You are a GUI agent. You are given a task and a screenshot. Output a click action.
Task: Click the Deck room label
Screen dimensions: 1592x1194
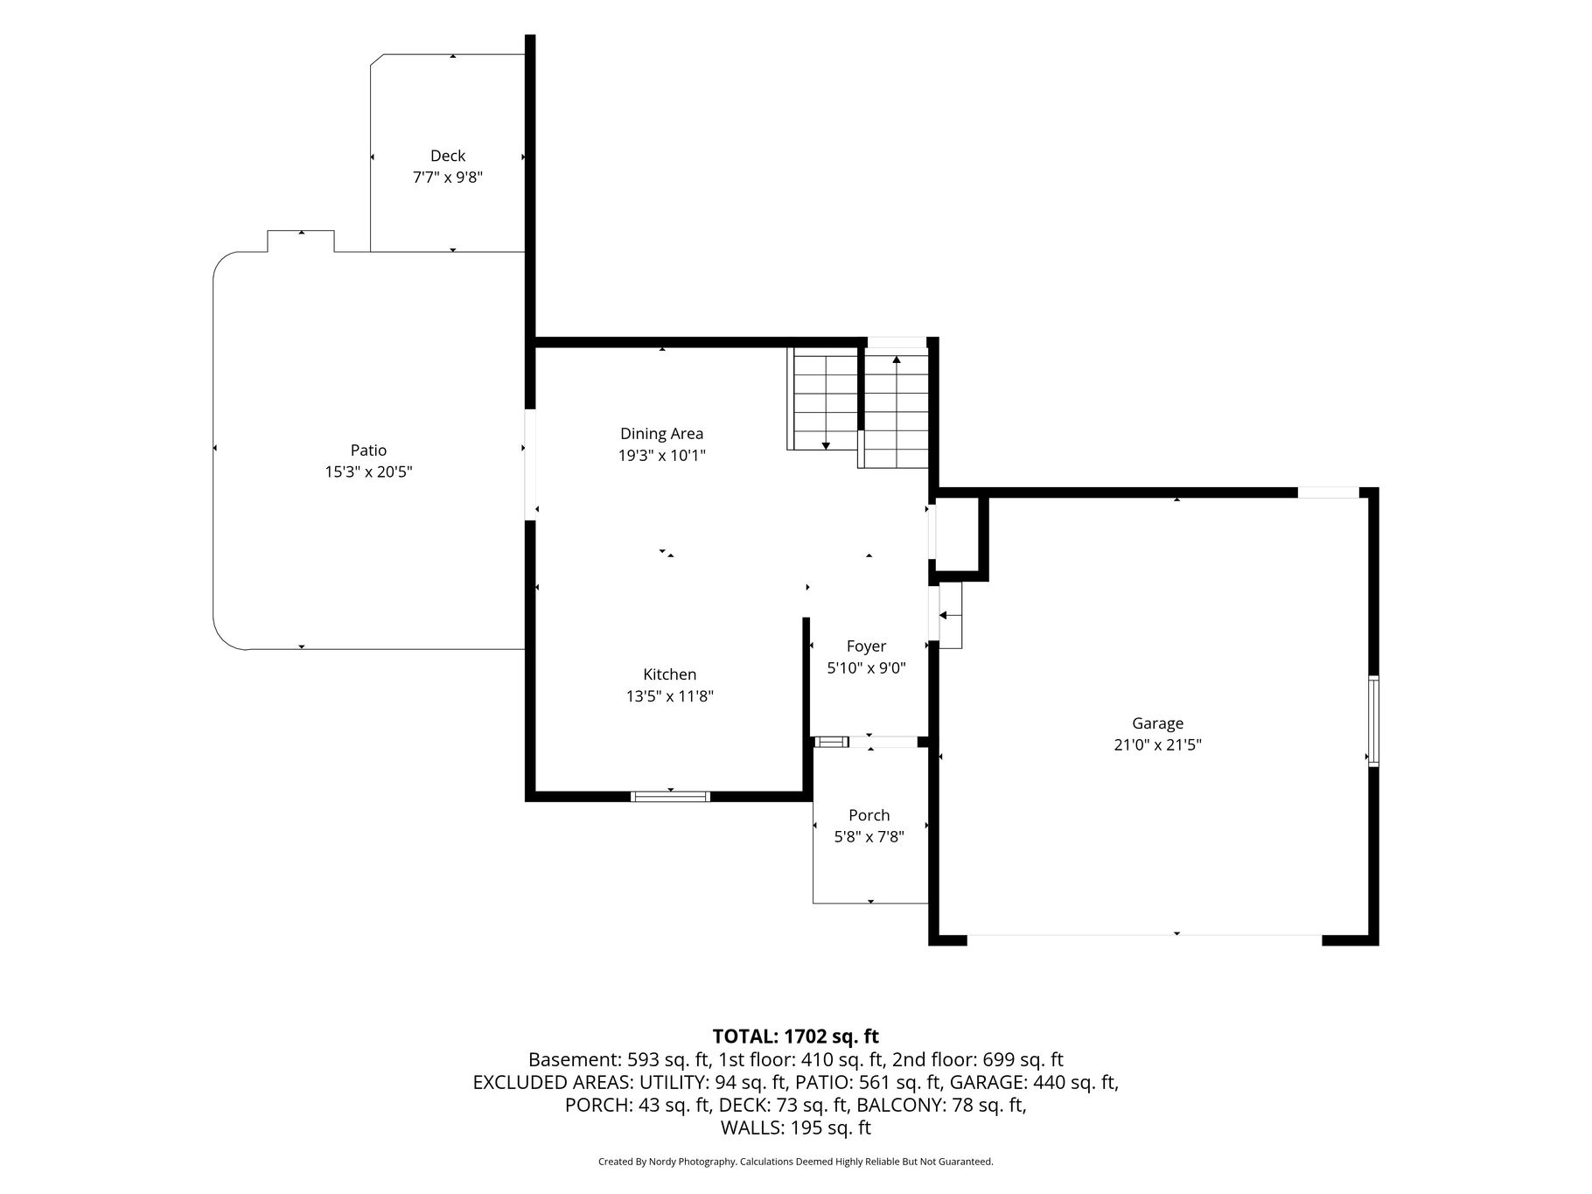(x=447, y=156)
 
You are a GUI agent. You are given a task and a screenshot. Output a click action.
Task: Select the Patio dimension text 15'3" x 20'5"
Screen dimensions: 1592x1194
(x=368, y=472)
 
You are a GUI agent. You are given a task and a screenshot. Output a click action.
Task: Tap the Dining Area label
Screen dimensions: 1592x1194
(x=661, y=434)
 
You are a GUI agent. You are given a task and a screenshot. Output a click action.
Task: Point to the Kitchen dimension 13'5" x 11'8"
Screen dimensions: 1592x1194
(x=670, y=696)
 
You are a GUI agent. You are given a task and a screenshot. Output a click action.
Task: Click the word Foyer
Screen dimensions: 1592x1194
(x=866, y=646)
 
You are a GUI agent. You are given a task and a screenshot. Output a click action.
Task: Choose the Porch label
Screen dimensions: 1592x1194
(x=869, y=815)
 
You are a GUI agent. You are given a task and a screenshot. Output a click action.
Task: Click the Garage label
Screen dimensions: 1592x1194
(x=1157, y=723)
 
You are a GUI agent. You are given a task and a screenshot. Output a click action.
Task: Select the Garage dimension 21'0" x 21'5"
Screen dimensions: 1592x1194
(x=1157, y=745)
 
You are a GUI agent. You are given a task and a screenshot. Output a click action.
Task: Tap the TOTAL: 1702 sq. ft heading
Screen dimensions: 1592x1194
(x=795, y=1037)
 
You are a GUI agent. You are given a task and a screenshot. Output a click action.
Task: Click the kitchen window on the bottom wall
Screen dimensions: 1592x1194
(x=670, y=796)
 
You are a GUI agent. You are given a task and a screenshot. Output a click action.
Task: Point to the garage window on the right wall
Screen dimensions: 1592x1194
(x=1373, y=722)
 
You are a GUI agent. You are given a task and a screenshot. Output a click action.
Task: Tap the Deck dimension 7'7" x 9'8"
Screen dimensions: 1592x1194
(x=447, y=178)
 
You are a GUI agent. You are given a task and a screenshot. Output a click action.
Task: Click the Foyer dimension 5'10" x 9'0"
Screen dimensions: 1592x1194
(x=866, y=668)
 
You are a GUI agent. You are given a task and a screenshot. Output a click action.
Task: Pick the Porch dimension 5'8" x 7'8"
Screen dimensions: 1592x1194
(x=869, y=837)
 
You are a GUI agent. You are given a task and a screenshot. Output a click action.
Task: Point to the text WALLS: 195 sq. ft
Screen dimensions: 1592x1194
(x=795, y=1128)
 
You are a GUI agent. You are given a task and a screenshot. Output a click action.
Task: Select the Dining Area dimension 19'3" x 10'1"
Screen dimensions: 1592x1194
(x=661, y=456)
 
